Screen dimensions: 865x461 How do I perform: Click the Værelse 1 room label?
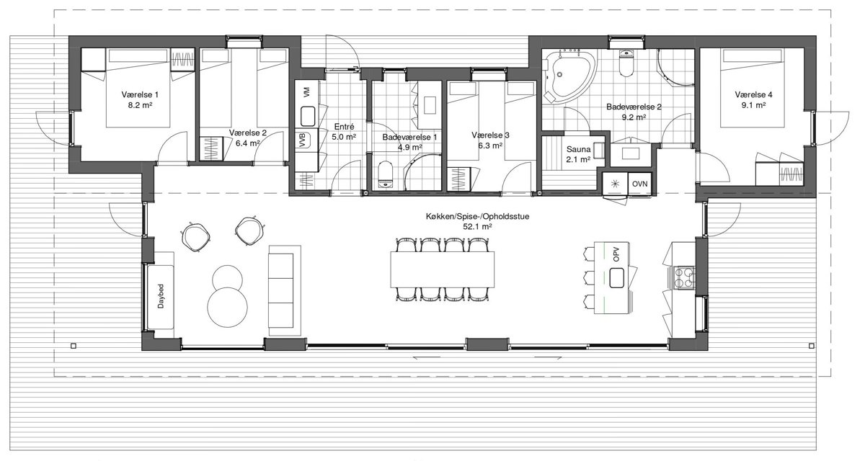(140, 94)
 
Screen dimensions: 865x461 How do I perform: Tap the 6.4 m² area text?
(247, 143)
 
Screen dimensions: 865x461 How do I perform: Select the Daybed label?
(161, 296)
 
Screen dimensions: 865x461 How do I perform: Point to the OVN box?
(639, 184)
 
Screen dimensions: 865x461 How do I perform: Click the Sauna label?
(578, 149)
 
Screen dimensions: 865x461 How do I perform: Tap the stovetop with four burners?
(684, 278)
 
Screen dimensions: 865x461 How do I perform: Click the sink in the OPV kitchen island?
(617, 278)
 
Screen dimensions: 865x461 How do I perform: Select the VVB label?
(302, 140)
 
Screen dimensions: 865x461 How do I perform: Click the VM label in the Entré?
(306, 92)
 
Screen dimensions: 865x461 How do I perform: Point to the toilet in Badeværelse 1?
(385, 174)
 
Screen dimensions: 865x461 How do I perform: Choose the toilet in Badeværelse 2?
(626, 63)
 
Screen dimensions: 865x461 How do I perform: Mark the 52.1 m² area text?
(478, 227)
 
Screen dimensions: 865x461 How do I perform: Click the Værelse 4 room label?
(753, 94)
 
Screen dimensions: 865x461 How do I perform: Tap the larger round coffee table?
(228, 307)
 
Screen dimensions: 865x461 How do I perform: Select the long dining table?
(443, 269)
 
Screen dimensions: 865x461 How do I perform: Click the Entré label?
(344, 127)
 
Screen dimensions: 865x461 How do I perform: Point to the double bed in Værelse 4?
(753, 88)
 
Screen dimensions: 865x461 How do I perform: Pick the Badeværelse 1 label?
(409, 137)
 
